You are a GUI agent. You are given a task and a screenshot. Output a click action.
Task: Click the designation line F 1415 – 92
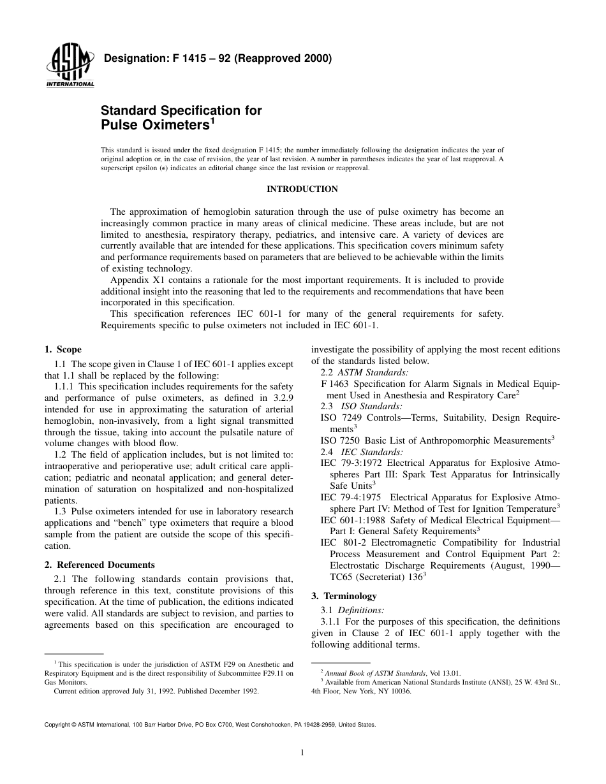[x=217, y=60]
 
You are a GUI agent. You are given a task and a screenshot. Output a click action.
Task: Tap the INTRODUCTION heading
[x=302, y=189]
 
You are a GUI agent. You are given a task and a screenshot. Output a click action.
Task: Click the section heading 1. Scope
[x=63, y=350]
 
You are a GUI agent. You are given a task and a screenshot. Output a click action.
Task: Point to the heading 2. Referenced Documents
[x=100, y=565]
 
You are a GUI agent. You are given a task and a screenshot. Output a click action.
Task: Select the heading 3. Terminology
[x=344, y=596]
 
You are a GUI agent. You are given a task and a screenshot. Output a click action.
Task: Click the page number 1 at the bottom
[x=302, y=752]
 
